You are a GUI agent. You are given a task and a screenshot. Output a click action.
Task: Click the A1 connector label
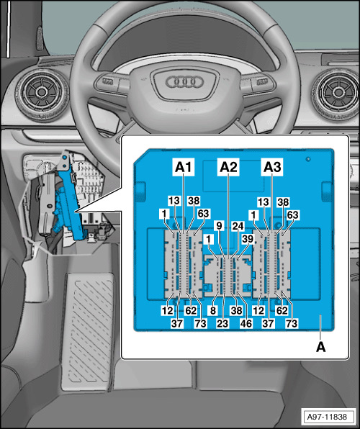click(184, 166)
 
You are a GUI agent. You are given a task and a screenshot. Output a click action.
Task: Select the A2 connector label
click(228, 166)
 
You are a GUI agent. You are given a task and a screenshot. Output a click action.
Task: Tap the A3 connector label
click(272, 166)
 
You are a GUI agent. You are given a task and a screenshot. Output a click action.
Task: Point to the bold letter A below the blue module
click(321, 347)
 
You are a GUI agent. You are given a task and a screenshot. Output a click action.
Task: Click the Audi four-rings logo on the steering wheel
click(185, 81)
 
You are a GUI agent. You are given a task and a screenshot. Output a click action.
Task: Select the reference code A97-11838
click(327, 417)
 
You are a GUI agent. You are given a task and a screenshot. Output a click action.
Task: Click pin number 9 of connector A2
click(219, 226)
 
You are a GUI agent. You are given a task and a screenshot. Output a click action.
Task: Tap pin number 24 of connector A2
click(238, 226)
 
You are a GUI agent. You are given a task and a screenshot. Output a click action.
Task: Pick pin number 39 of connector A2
click(248, 239)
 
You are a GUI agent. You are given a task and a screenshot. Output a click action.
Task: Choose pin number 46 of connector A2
click(246, 323)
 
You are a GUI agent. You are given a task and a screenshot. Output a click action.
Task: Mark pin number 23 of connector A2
click(222, 323)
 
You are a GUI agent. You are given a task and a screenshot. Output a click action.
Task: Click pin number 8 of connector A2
click(213, 310)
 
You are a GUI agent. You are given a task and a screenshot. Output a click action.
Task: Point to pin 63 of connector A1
click(204, 213)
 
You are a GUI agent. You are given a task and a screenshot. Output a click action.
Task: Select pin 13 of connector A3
click(264, 202)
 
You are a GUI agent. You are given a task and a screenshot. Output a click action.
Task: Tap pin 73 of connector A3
click(291, 323)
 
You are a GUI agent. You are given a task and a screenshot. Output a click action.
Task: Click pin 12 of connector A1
click(167, 310)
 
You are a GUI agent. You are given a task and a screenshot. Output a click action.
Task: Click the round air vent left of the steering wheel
click(42, 92)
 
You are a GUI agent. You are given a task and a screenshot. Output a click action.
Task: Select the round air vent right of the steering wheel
click(336, 92)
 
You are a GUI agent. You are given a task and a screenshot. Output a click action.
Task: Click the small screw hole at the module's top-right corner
click(308, 159)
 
